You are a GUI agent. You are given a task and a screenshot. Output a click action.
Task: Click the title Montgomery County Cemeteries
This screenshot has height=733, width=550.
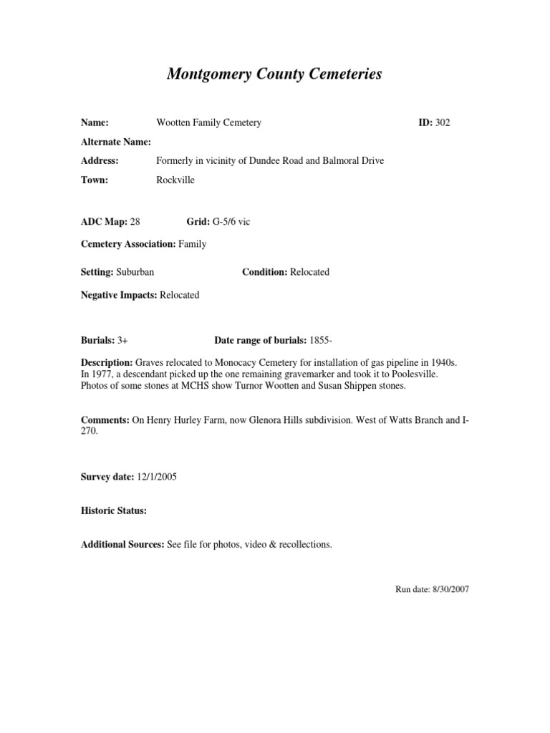click(x=274, y=74)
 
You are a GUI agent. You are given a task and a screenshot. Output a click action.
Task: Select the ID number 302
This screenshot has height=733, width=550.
click(x=443, y=122)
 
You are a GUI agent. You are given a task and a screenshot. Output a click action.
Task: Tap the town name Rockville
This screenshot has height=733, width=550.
click(x=175, y=180)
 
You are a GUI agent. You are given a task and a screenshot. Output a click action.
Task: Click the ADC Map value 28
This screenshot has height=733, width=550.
click(x=135, y=223)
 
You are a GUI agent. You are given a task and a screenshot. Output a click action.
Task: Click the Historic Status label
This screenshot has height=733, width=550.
click(x=114, y=511)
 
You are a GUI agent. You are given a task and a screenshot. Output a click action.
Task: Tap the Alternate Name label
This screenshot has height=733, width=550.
click(x=116, y=142)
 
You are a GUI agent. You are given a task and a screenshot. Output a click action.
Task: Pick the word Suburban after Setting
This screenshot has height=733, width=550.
click(x=135, y=272)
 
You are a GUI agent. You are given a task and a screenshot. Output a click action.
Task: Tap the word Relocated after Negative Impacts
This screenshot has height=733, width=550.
click(x=180, y=295)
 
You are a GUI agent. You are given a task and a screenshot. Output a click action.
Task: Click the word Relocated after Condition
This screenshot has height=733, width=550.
click(x=309, y=272)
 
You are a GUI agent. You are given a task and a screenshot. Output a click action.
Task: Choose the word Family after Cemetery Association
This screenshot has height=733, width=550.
click(x=193, y=244)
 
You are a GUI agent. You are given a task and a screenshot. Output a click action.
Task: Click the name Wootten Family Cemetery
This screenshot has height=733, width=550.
click(x=208, y=122)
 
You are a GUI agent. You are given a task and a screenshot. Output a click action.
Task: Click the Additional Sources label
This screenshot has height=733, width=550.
click(x=122, y=545)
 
